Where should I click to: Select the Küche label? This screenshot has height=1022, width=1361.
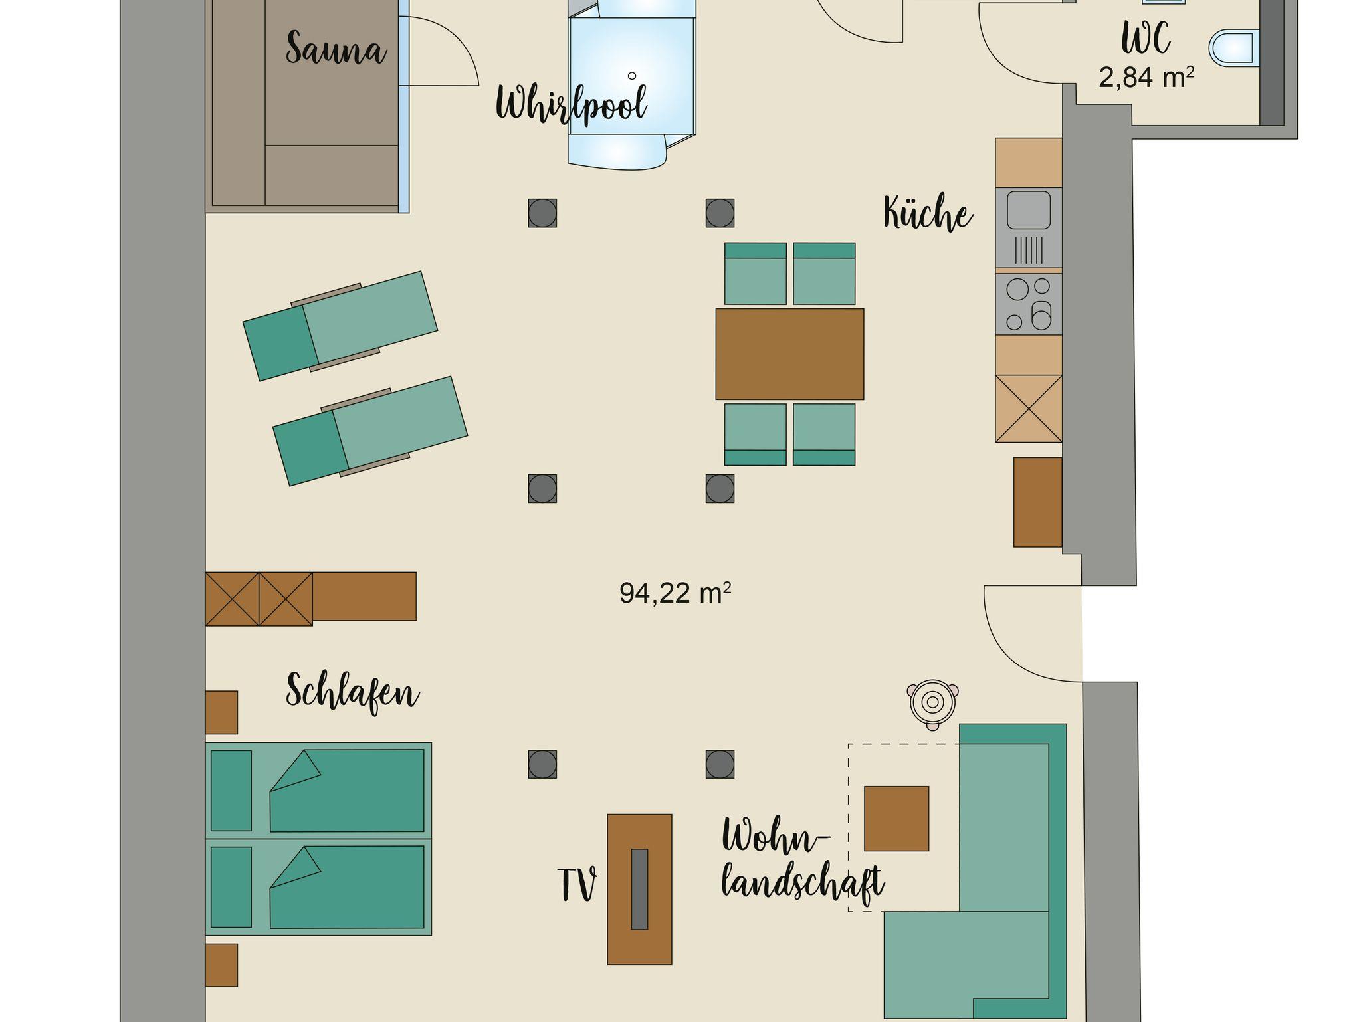click(x=928, y=213)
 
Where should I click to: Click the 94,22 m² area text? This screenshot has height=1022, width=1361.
click(x=675, y=593)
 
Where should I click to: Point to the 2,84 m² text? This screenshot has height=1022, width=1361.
click(x=1146, y=78)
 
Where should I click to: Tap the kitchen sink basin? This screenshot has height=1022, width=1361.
click(x=1029, y=210)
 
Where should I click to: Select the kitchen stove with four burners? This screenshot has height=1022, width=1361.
click(x=1028, y=304)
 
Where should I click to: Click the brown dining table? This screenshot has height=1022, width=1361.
click(x=789, y=354)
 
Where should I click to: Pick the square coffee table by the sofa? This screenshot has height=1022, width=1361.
click(x=896, y=819)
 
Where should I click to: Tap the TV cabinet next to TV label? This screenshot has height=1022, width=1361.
click(x=639, y=889)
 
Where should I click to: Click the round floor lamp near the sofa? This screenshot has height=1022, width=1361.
click(x=933, y=703)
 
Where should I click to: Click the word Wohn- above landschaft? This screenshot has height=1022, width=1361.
click(x=776, y=837)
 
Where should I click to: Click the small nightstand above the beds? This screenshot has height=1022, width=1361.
click(x=221, y=712)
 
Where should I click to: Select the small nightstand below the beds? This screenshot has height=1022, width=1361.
click(x=221, y=965)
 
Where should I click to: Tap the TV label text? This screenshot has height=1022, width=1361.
click(x=577, y=885)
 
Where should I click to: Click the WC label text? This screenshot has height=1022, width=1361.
click(x=1146, y=39)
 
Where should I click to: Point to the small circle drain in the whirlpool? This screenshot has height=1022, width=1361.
click(x=632, y=76)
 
